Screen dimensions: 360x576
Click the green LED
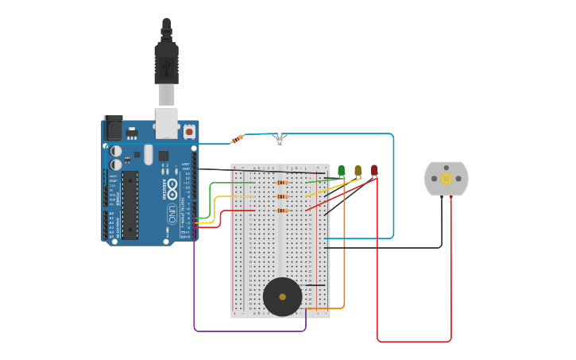pos(342,170)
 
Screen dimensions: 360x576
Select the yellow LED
pos(358,170)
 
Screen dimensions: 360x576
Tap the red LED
pos(374,170)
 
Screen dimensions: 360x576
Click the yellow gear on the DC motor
pos(446,180)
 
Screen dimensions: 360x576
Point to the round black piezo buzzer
pos(282,296)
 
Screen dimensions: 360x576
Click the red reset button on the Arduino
pos(189,131)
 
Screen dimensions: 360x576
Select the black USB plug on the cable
pos(166,64)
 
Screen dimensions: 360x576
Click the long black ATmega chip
pos(130,204)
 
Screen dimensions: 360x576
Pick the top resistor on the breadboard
pos(281,183)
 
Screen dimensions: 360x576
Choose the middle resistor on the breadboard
pos(281,196)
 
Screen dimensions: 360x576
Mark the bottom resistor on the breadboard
pos(281,211)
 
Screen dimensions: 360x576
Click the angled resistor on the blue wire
pos(237,139)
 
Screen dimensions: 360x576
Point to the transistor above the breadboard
pos(278,141)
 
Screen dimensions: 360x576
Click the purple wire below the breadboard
pos(246,331)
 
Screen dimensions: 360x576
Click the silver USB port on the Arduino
pos(166,123)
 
